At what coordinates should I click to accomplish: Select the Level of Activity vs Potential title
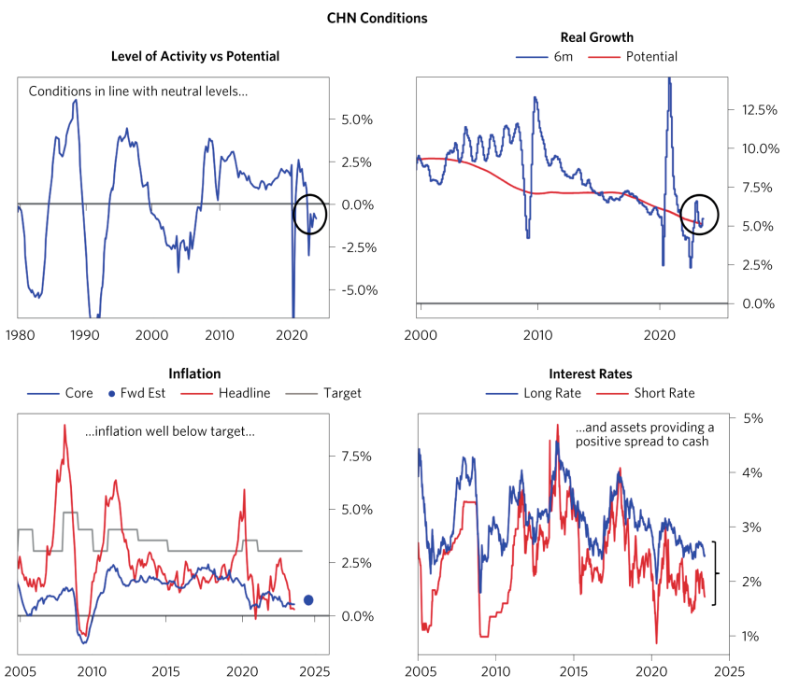coord(195,56)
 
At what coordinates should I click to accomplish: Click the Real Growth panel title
coord(596,37)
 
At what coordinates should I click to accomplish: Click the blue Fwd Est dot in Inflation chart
coord(308,600)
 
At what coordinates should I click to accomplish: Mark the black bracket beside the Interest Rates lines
coord(715,573)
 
